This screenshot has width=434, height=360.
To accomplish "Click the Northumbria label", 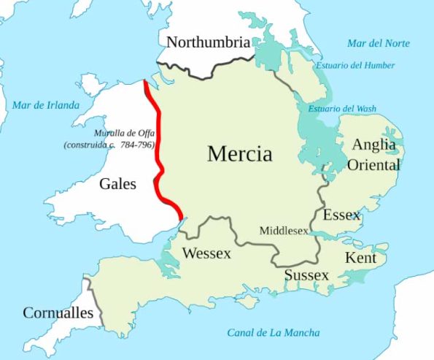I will click(208, 42).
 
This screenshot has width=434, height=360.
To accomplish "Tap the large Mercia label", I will click(239, 154).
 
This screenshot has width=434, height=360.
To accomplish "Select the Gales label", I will click(118, 184).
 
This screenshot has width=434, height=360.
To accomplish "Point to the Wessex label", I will click(206, 254).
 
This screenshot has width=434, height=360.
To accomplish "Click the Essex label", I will click(341, 215).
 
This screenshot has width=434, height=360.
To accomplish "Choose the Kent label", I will click(360, 258).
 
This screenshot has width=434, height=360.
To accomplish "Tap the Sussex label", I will click(306, 275).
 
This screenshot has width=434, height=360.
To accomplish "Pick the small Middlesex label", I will click(284, 231).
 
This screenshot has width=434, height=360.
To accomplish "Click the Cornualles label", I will click(58, 313).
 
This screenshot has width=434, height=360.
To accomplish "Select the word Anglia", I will click(374, 145).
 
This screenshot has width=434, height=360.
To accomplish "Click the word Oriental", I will click(373, 165).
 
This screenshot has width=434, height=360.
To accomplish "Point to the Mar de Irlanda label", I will click(45, 105).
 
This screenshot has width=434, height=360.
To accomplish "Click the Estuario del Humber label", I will click(355, 66).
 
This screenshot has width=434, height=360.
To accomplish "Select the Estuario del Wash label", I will click(342, 109).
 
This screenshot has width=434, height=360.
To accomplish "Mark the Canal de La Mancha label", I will click(273, 333).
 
